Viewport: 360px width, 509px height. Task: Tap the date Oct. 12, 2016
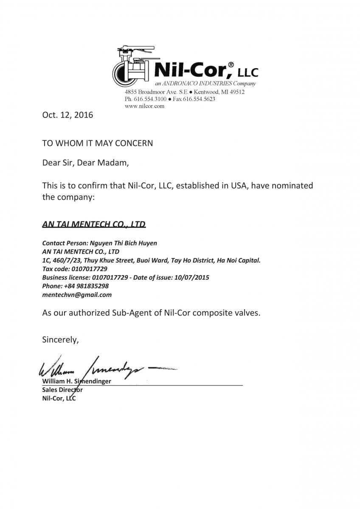click(x=67, y=115)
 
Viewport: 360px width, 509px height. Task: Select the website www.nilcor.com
click(x=144, y=106)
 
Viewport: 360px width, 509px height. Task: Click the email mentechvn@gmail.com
click(x=77, y=294)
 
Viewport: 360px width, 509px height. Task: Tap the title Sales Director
click(x=62, y=389)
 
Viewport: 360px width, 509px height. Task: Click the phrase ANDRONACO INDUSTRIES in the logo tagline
click(x=196, y=84)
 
